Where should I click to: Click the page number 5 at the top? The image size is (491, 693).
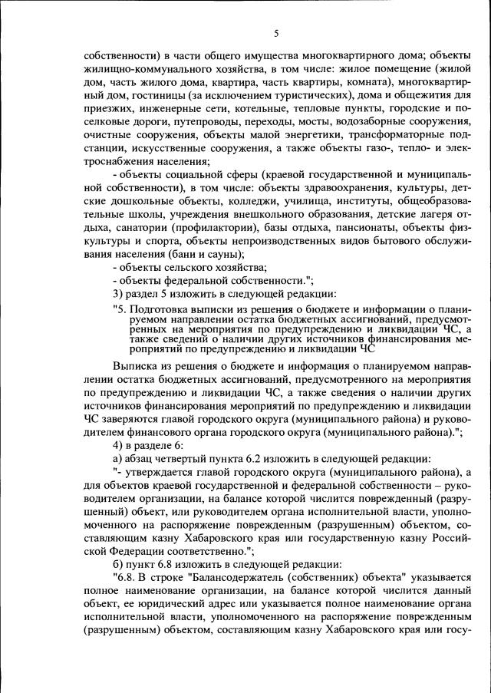click(x=275, y=33)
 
